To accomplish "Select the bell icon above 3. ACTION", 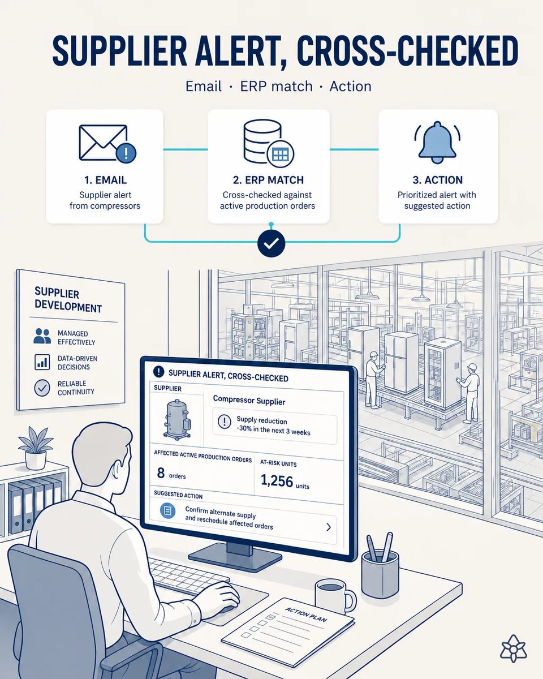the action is point(437,142).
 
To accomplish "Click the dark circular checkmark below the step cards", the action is point(271,243).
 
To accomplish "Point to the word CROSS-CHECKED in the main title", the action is point(407,51).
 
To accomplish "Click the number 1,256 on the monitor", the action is point(277,481).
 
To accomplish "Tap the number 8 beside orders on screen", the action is point(161,472).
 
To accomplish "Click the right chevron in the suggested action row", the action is point(329,527).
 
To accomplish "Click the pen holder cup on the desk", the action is point(380,573).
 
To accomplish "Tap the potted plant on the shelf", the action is point(36,448).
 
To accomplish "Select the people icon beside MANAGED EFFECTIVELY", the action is point(42,336).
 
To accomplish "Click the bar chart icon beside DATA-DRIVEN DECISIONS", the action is point(42,362).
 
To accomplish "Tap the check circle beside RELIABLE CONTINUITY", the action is point(42,388).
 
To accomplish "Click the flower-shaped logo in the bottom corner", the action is point(514,648).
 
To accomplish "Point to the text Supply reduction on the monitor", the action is point(262,420).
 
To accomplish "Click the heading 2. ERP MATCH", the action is point(268,180).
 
